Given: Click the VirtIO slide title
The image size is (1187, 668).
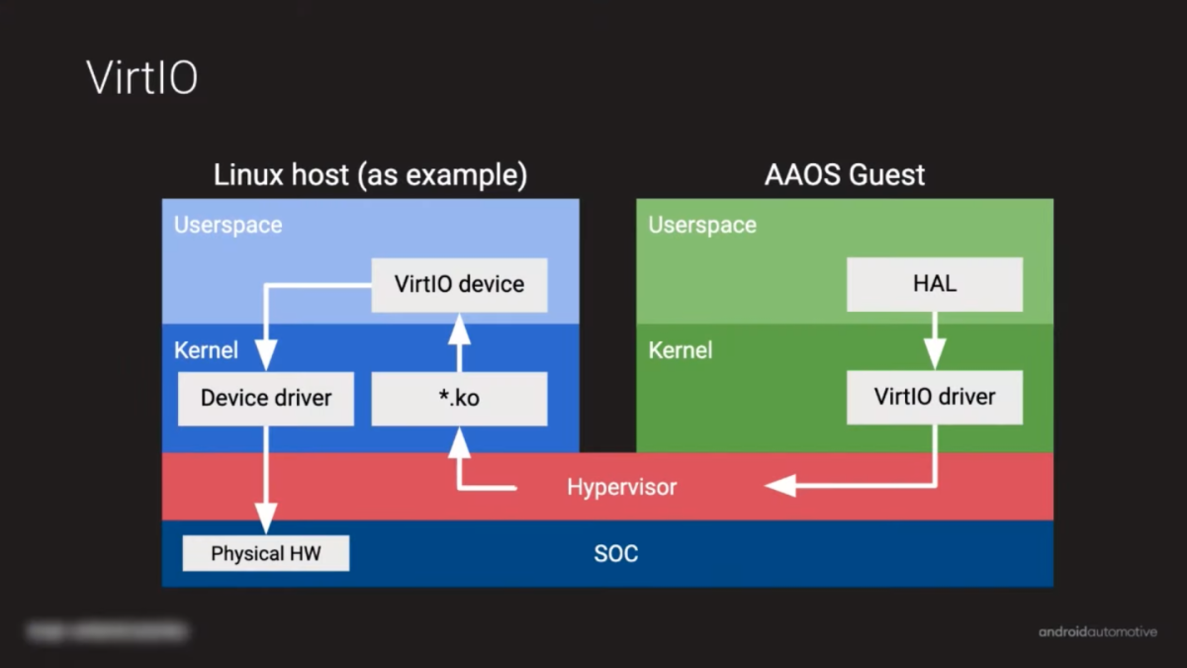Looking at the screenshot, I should [142, 77].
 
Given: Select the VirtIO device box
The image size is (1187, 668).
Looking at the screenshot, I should [459, 285].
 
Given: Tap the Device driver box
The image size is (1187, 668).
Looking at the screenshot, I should [266, 399].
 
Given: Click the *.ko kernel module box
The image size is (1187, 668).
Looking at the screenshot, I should [459, 399].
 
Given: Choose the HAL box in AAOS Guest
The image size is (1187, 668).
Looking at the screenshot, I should [935, 285].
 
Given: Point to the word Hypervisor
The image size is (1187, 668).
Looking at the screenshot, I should [621, 487].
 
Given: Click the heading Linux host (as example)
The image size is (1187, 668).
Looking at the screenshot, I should [370, 176].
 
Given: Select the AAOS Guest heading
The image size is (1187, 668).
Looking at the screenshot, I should [845, 176].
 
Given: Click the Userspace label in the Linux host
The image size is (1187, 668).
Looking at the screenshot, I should [228, 226].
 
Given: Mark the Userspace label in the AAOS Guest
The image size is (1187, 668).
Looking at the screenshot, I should [702, 226].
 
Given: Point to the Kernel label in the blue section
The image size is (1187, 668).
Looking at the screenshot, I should [206, 350].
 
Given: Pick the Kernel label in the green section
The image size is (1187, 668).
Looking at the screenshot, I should [681, 350].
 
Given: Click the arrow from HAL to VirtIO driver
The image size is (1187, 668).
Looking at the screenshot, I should [935, 341].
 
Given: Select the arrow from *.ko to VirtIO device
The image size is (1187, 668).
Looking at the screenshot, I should [459, 341].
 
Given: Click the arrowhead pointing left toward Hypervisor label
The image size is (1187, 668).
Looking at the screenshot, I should [780, 486].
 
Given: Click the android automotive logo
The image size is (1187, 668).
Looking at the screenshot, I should [1097, 631].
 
